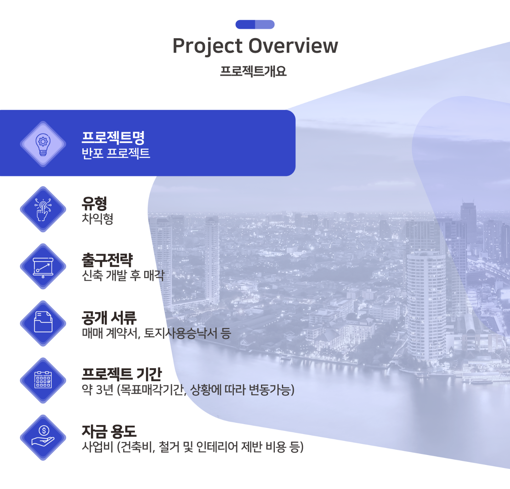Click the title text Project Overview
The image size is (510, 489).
[255, 46]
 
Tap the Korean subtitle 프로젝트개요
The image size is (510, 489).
[253, 71]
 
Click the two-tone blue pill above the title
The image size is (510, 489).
[255, 24]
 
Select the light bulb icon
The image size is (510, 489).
[43, 144]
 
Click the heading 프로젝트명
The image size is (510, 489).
[113, 137]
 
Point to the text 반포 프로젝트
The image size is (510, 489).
[115, 154]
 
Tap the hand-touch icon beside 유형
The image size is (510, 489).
[43, 209]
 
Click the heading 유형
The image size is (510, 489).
[94, 203]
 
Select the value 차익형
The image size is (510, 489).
[97, 219]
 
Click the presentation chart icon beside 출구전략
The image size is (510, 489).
[43, 267]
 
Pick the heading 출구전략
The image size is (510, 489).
[107, 260]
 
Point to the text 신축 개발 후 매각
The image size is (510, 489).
[123, 275]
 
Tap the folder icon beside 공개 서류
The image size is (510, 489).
[43, 322]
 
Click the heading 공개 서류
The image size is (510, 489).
[109, 318]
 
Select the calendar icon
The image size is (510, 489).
[43, 380]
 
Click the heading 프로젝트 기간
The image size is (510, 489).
[121, 374]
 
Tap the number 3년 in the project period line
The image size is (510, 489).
[104, 390]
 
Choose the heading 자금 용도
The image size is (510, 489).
[109, 432]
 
